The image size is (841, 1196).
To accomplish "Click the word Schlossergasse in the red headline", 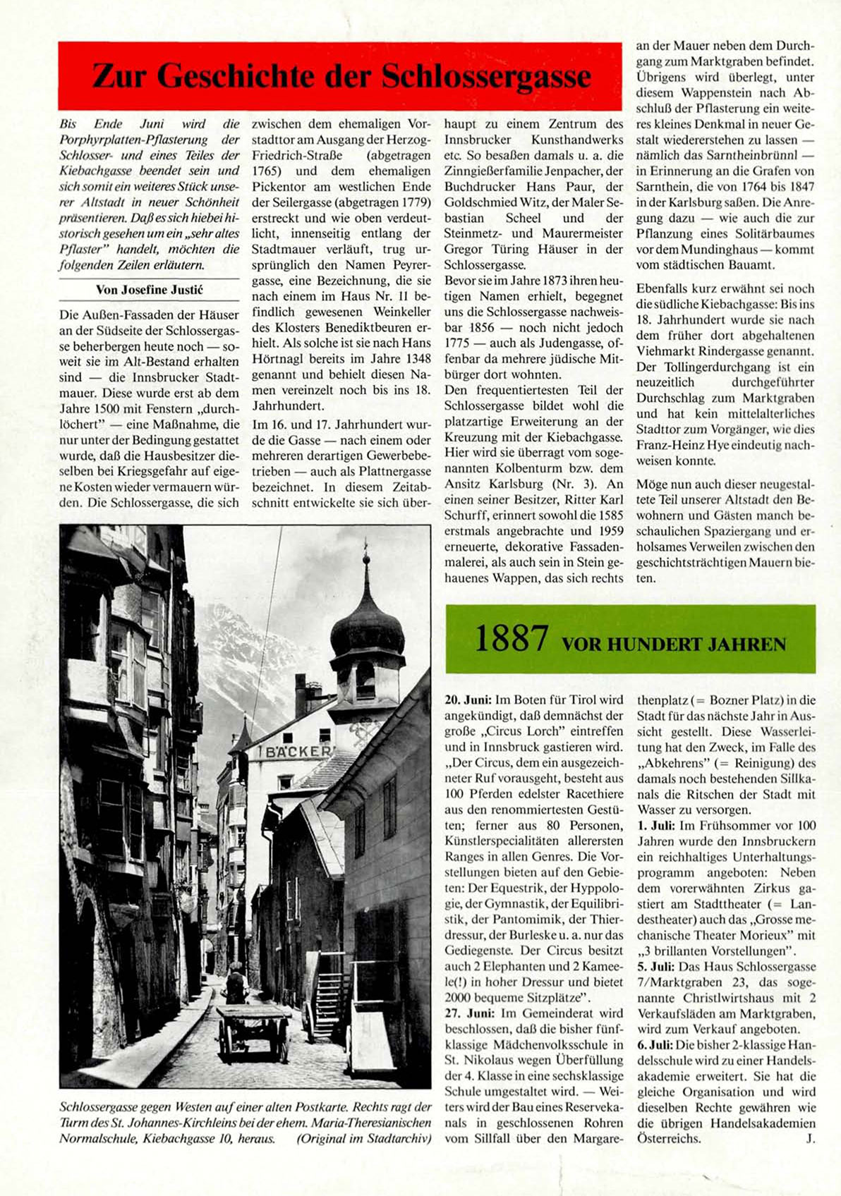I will (486, 77).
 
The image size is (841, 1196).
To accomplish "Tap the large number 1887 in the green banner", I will (511, 639).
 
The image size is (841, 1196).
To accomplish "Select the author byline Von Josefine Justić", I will (149, 290).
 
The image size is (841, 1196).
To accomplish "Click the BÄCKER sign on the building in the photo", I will (298, 752).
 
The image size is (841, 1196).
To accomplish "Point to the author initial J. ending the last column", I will (810, 1138).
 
